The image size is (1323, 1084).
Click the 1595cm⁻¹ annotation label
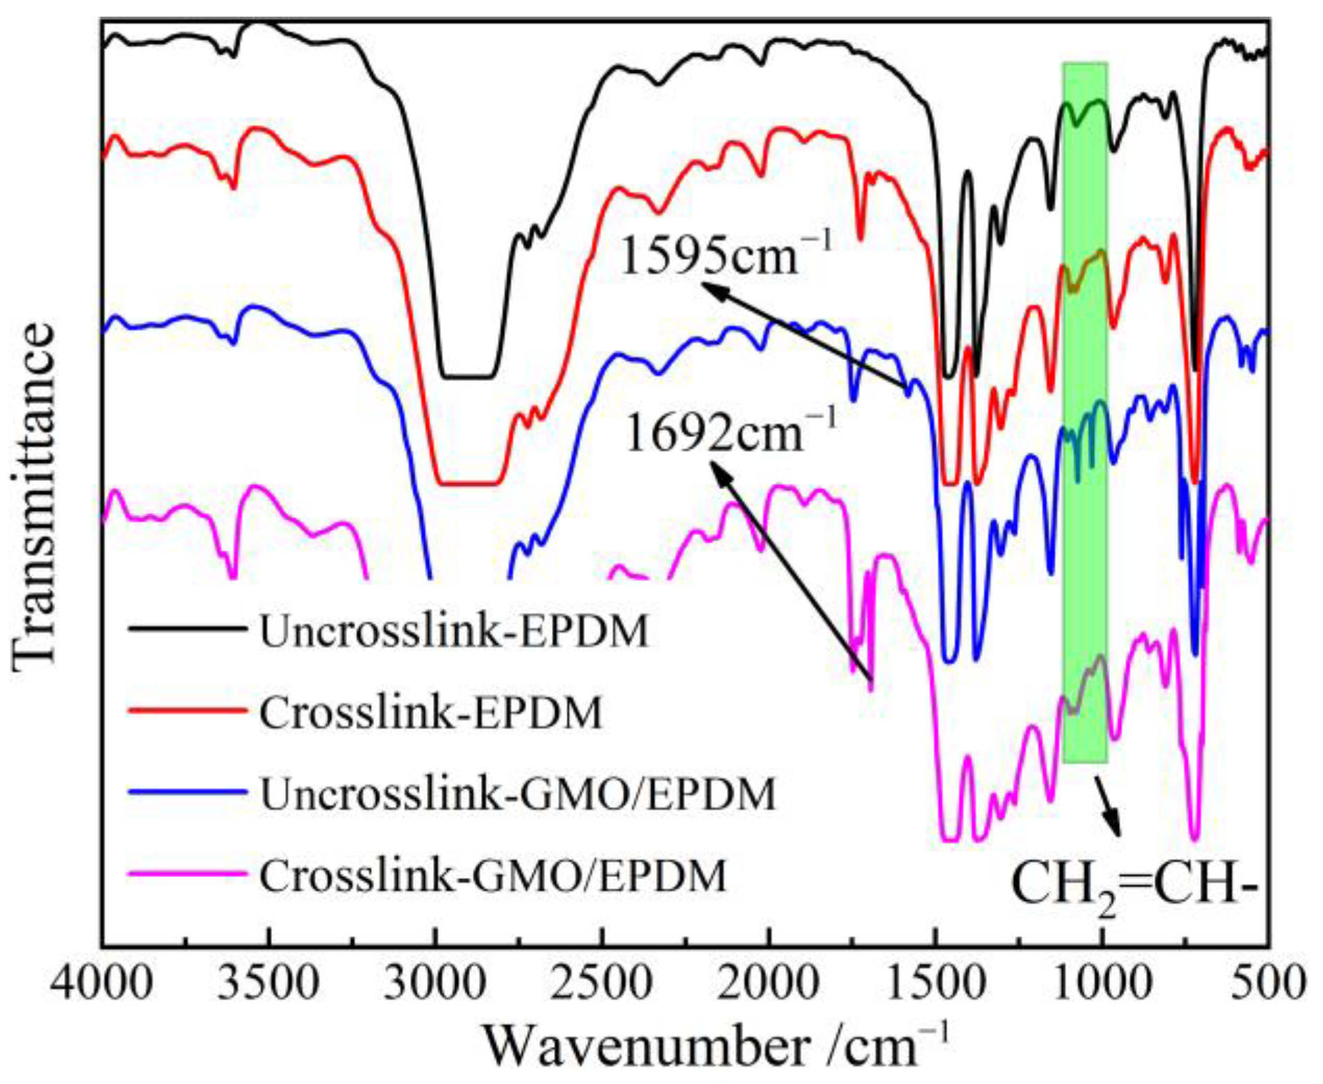coord(725,256)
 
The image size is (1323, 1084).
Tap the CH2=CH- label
coord(1134,885)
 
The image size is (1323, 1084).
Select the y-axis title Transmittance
coord(33,498)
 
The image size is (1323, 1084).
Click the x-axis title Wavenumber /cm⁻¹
coord(715,1045)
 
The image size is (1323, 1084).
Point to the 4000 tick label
coord(102,983)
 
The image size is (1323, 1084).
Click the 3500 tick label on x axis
coord(269,983)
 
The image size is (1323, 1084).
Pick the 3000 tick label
coord(435,983)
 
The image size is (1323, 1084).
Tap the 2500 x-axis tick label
coord(602,983)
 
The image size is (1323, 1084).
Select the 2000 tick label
coord(768,983)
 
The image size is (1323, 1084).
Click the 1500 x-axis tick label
coord(935,983)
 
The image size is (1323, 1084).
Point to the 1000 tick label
coord(1102,983)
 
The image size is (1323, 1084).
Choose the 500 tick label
coord(1268,983)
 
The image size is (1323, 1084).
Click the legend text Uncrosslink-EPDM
coord(454,631)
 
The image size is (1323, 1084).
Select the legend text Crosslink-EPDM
coord(430,713)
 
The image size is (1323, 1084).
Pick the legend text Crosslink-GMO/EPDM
coord(493,875)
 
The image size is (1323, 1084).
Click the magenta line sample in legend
coord(187,873)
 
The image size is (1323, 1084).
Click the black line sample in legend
coord(187,629)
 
